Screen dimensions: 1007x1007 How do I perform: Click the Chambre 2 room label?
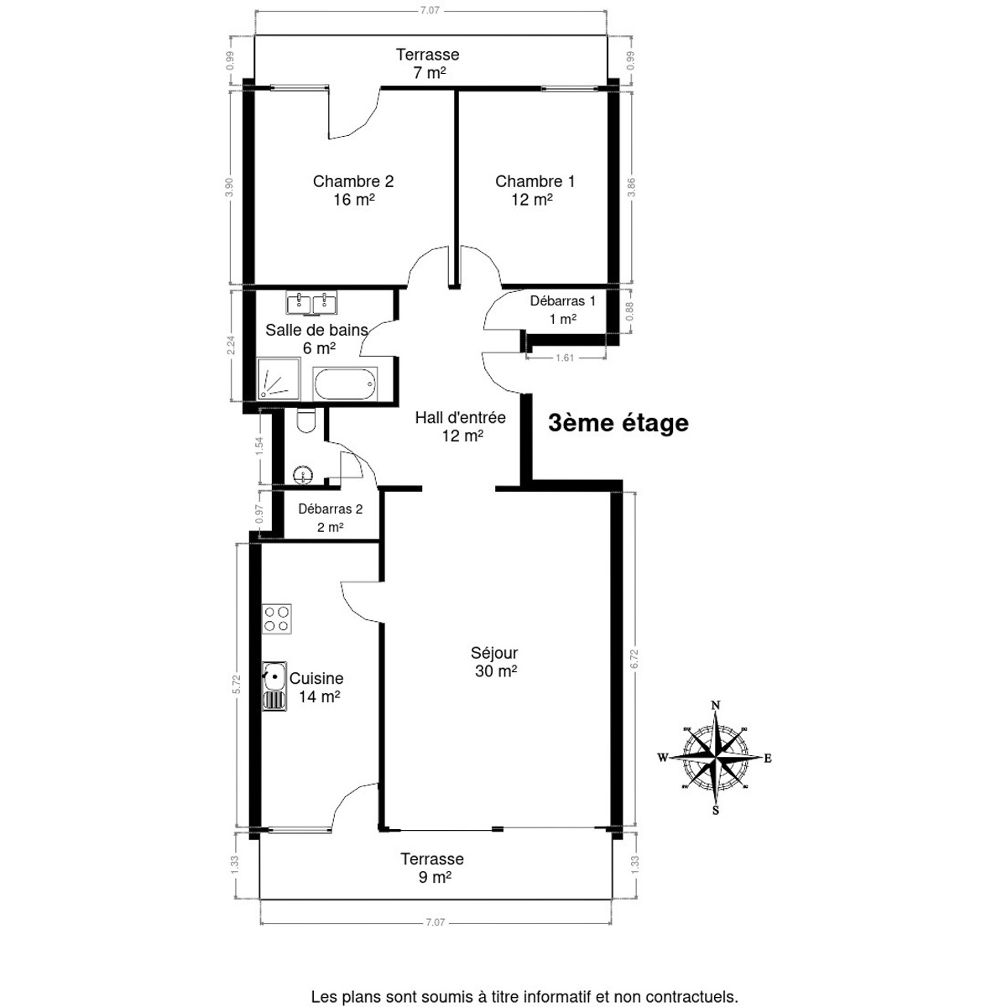click(x=352, y=181)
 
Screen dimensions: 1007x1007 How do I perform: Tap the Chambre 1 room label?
click(x=535, y=181)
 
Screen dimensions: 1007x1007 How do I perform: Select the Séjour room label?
click(x=493, y=653)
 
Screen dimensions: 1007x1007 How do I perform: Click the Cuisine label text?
click(x=316, y=678)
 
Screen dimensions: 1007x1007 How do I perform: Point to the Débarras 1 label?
click(x=562, y=300)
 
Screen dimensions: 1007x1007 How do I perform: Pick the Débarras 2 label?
click(x=331, y=509)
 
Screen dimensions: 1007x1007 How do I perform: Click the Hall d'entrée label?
click(x=461, y=418)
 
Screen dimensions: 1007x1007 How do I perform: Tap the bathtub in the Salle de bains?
click(x=345, y=383)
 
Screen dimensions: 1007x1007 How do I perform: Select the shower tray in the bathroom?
click(x=279, y=378)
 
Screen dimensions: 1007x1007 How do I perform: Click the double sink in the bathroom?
click(x=311, y=303)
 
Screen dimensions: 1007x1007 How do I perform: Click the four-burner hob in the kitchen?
click(x=276, y=619)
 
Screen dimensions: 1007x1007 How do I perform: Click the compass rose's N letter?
click(x=716, y=706)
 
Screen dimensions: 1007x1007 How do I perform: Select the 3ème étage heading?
click(x=618, y=423)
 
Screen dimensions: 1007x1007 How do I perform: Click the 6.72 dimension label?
click(x=634, y=659)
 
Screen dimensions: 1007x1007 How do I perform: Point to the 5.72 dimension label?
click(x=236, y=685)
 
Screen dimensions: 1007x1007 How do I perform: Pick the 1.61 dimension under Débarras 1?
click(x=565, y=358)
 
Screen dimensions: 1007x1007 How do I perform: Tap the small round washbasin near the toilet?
click(x=303, y=475)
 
